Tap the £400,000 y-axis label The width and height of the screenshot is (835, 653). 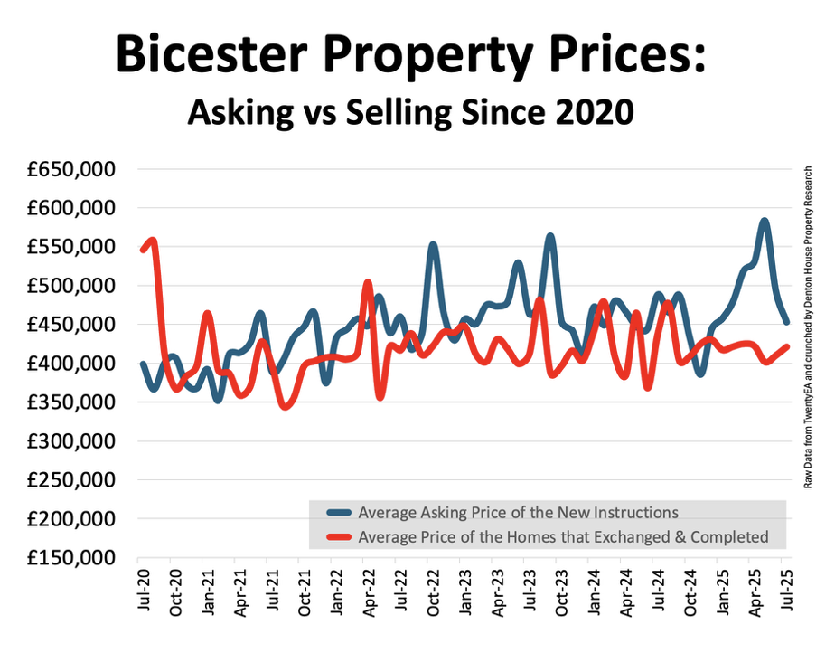70,364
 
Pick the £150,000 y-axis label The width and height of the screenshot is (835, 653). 70,558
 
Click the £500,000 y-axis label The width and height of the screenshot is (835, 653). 70,286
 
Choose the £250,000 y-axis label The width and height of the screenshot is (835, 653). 70,480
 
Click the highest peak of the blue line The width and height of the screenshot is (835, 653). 765,221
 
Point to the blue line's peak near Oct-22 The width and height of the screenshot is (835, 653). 433,245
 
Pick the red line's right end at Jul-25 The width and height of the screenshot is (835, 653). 786,345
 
